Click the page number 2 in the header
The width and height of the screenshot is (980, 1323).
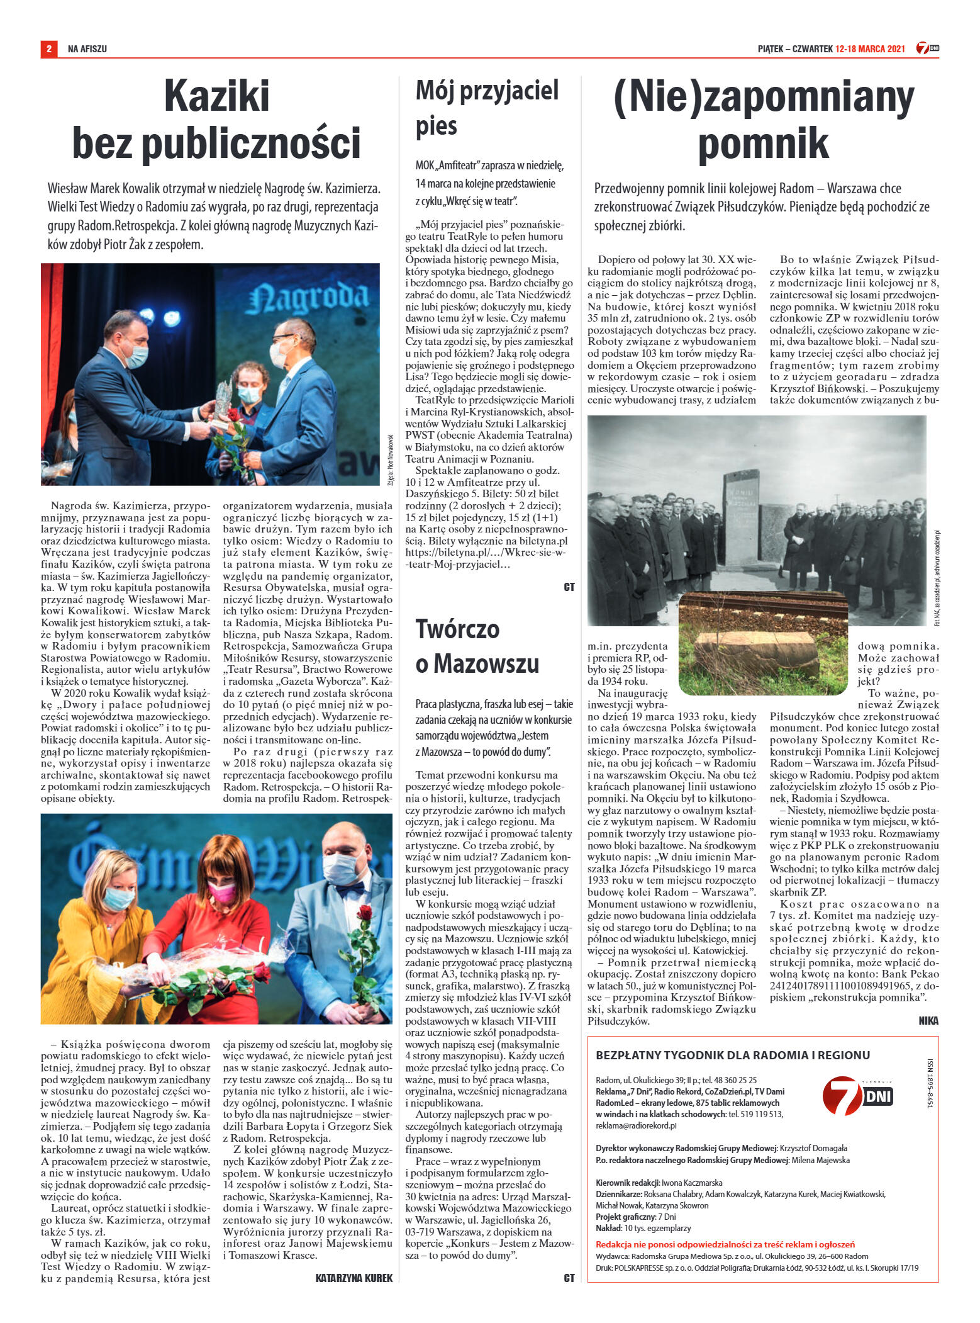(48, 48)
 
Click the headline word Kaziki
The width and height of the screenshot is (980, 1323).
(216, 96)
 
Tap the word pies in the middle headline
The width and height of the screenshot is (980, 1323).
(436, 126)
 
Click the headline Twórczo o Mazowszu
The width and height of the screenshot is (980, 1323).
(477, 646)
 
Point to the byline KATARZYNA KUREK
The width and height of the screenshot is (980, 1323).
(354, 1278)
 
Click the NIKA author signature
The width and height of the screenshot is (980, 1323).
(928, 1021)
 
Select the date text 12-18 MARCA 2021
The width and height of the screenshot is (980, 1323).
(870, 49)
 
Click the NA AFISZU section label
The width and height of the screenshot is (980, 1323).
(87, 49)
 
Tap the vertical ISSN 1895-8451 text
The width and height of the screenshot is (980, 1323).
(930, 1083)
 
